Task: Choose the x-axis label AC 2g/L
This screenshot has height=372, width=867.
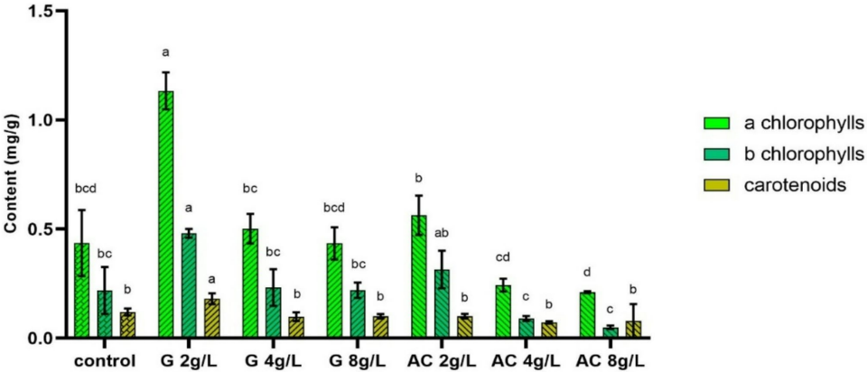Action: point(438,361)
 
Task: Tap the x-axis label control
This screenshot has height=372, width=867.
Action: point(105,361)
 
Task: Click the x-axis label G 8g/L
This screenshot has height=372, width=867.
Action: point(355,361)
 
